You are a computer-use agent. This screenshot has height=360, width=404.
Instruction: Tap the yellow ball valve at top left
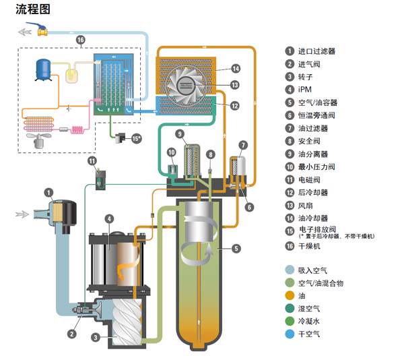coord(42,31)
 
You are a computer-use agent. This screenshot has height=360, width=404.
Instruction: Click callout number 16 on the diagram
coord(80,40)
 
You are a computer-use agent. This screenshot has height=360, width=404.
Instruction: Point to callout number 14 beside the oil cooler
coord(236,68)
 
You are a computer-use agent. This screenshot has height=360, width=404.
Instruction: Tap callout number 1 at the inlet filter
coord(49,192)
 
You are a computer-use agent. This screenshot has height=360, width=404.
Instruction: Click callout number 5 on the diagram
coord(236,248)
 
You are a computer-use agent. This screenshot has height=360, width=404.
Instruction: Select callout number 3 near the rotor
coord(96,337)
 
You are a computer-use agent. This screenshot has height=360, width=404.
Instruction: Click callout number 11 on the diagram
coord(92,160)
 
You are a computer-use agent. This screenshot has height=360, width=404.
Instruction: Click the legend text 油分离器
coord(312,154)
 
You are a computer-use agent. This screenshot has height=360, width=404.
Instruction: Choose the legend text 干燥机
coord(308,247)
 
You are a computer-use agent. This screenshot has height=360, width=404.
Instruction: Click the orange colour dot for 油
coord(288,295)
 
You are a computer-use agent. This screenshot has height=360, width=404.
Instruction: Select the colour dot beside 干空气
coord(288,334)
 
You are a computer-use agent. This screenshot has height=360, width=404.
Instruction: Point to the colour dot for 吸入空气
coord(288,270)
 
